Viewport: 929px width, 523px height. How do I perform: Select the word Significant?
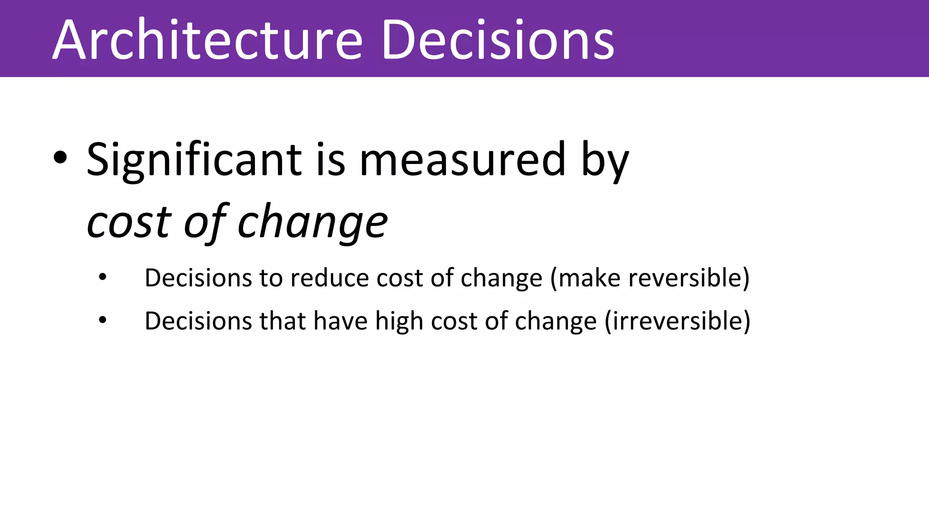pos(194,160)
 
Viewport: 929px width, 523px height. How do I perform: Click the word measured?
pos(462,160)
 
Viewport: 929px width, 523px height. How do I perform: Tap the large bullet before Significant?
pos(60,158)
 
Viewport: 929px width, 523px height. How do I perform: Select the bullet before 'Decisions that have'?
pos(103,320)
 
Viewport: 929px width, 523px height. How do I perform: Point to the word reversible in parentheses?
pos(685,278)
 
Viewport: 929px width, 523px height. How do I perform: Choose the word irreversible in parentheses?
pos(677,321)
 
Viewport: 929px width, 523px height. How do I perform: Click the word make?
pos(589,278)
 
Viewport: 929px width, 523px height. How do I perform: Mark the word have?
pos(340,321)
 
